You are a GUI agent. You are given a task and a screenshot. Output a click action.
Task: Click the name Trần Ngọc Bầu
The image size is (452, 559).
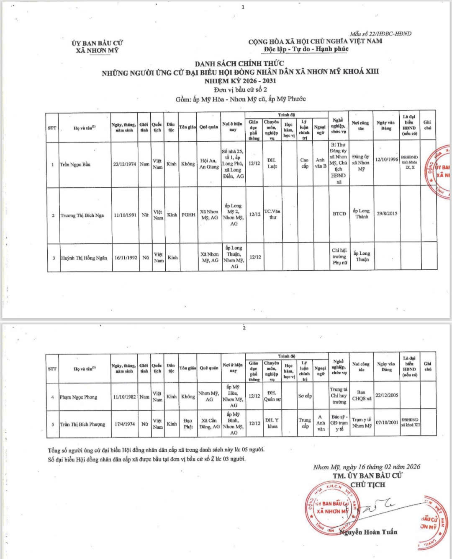pos(75,164)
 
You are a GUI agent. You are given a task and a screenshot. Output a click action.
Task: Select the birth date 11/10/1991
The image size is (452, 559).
pos(125,215)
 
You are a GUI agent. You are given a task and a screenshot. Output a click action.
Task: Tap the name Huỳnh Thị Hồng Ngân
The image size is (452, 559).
pos(84,258)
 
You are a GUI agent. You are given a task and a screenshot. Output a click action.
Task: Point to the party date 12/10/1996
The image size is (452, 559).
pos(386,159)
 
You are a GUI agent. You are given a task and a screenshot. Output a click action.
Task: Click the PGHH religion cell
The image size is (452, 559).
pos(188,215)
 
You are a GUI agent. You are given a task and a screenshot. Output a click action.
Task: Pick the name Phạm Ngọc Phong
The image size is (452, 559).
pos(78,396)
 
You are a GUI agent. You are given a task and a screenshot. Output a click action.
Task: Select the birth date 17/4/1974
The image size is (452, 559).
pos(125,424)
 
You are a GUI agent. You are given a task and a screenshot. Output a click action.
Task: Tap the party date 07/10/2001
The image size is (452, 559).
pos(387,422)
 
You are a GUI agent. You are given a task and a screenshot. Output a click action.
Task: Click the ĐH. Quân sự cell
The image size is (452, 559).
pos(272,396)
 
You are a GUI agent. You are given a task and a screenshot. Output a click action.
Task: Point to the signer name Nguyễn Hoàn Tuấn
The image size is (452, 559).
pos(369,532)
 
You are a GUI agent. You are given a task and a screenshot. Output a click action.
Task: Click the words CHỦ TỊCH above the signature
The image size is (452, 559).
pos(367,485)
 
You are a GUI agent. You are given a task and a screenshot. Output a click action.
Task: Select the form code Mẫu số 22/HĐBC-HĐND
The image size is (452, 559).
pos(381,34)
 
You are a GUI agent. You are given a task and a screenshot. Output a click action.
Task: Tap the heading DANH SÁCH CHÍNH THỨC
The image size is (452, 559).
pos(239,64)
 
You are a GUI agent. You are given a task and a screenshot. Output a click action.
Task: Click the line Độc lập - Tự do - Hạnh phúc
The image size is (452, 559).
pos(306,49)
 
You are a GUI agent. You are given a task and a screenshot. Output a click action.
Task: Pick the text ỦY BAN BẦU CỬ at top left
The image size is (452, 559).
pos(97,43)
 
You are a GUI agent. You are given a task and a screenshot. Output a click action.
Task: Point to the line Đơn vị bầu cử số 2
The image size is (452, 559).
pos(240,89)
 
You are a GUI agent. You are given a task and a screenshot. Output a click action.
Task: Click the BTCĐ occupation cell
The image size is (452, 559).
pos(339,214)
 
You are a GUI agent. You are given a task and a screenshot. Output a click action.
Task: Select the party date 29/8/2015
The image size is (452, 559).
pos(387,213)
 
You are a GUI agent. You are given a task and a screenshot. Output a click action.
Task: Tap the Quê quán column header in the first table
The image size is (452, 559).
pos(208,127)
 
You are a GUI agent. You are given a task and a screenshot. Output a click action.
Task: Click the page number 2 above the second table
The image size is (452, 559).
pos(244,328)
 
